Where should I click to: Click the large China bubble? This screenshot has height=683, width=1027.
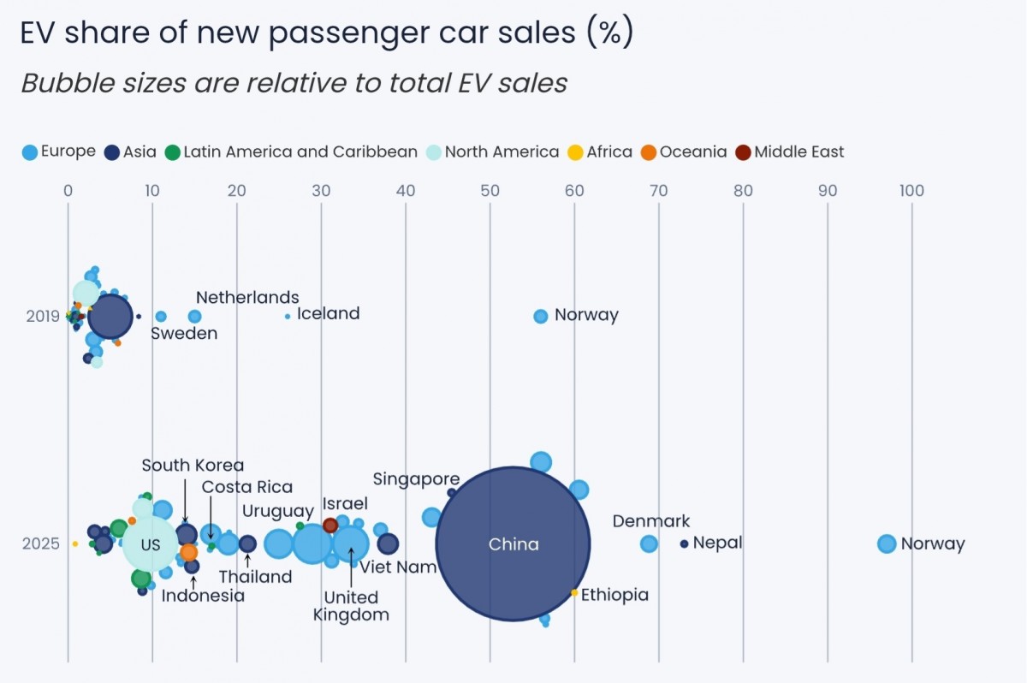coord(513,543)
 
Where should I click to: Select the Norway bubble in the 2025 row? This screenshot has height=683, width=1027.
coord(887,543)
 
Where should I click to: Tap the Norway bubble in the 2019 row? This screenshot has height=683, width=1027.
coord(540,316)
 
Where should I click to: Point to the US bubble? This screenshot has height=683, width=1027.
coord(151,544)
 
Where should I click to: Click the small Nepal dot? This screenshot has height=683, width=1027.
coord(684,543)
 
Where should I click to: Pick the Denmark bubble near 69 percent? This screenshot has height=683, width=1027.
coord(649,543)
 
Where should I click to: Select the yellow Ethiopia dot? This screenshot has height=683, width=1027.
coord(574,593)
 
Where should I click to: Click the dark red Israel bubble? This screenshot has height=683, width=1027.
coord(330,525)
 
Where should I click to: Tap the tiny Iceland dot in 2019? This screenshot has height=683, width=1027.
coord(288,316)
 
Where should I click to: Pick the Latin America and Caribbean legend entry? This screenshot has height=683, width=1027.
coord(290,152)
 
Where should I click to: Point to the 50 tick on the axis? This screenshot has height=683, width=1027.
coord(490,191)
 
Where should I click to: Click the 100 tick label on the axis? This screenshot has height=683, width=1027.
coord(911,191)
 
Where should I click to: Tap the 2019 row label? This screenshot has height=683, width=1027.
coord(43,316)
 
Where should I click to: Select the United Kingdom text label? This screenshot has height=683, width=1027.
coord(351,606)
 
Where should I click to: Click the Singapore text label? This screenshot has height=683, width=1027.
coord(416,479)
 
